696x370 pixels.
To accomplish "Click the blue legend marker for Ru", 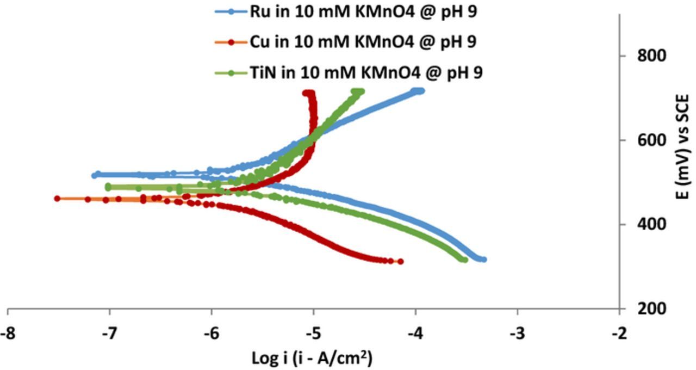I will pos(231,12).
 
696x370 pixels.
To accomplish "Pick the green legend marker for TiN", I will pos(231,73).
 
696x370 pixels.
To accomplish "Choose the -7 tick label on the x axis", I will pos(109,332).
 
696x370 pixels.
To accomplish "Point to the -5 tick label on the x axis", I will pos(313,332).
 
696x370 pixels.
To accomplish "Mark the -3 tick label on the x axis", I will pos(517,332).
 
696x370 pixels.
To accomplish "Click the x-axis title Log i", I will pos(312,357).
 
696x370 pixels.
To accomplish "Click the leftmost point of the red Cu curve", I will pos(57,199).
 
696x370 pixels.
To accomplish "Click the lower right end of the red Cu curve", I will pos(401,262).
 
